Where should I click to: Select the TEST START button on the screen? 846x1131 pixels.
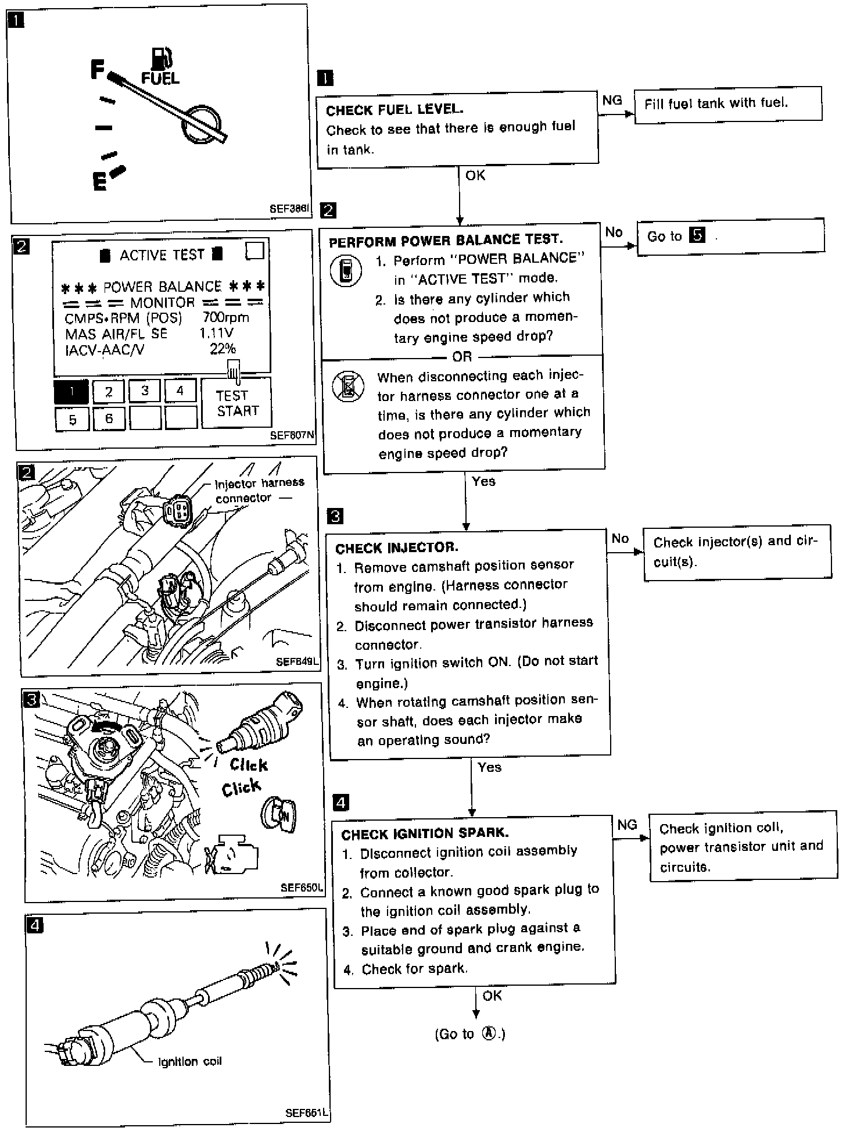click(236, 403)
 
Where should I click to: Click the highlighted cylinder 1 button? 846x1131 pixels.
click(71, 391)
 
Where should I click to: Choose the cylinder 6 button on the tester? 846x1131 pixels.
click(109, 418)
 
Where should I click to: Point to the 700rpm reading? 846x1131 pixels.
click(225, 317)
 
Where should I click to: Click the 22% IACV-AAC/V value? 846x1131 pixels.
click(223, 349)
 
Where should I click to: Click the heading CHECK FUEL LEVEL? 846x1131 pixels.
click(395, 109)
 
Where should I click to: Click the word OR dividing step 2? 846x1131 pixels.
click(462, 356)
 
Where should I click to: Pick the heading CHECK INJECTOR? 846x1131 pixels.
click(397, 547)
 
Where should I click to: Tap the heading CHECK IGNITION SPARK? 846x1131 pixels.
click(425, 833)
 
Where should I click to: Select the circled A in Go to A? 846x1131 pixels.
click(490, 1034)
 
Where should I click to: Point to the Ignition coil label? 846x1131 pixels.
click(189, 1062)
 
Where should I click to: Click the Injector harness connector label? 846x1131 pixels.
click(259, 490)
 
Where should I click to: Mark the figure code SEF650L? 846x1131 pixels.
click(301, 887)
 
